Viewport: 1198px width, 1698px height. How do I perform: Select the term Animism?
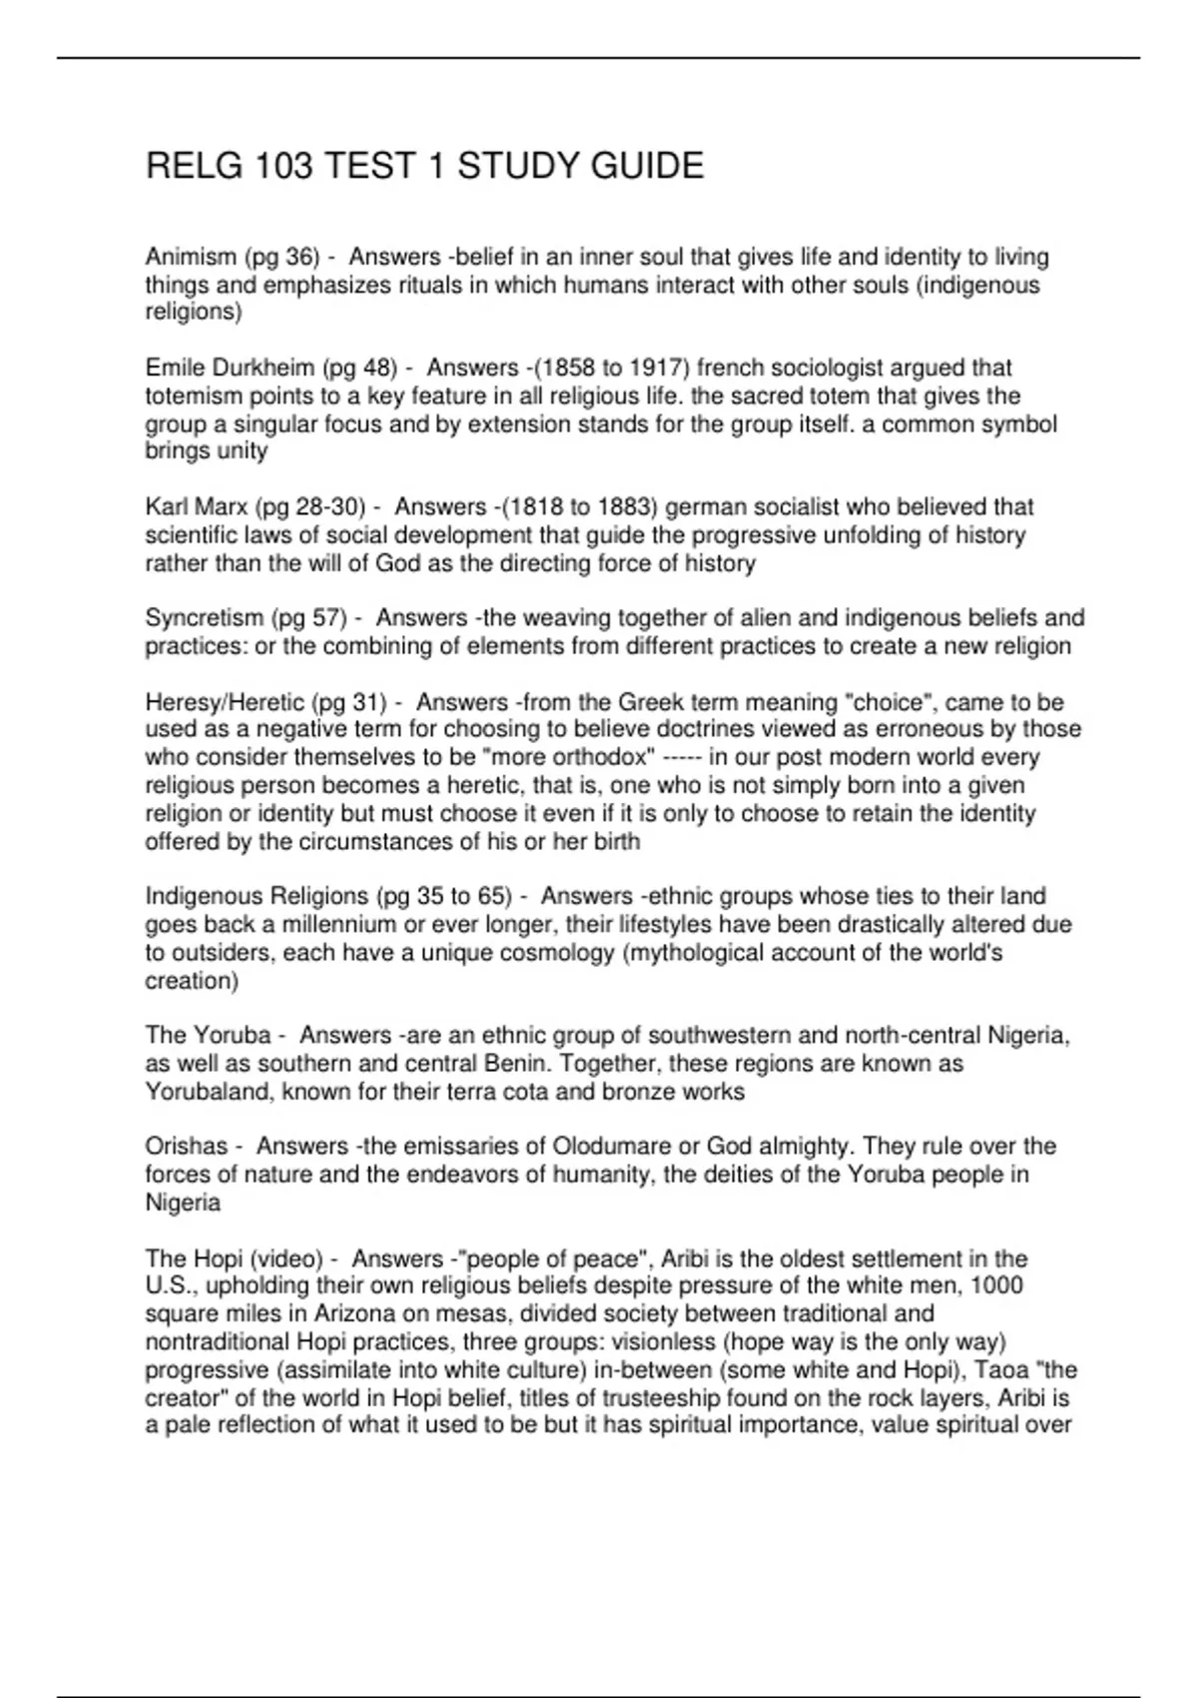pyautogui.click(x=189, y=258)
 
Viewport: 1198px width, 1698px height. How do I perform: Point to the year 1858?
pyautogui.click(x=564, y=369)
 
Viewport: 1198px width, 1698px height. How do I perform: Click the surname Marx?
pyautogui.click(x=223, y=507)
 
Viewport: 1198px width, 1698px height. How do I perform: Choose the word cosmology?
pyautogui.click(x=546, y=953)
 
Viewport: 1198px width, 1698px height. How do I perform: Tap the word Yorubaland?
pyautogui.click(x=209, y=1092)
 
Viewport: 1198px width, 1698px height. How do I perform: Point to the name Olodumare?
pyautogui.click(x=611, y=1147)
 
